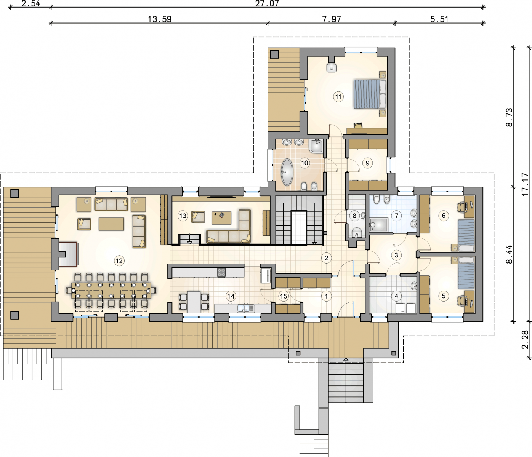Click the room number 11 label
click(x=338, y=97)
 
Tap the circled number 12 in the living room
click(x=119, y=261)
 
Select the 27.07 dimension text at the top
click(x=267, y=3)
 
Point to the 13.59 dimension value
click(x=160, y=19)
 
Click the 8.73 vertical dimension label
click(x=509, y=117)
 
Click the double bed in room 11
click(x=370, y=94)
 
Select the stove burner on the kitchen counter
click(x=221, y=273)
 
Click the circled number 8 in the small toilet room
click(x=354, y=216)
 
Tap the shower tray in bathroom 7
click(x=378, y=225)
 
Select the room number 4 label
click(x=396, y=296)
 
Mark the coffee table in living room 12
click(x=111, y=224)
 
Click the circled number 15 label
click(x=284, y=296)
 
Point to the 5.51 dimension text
click(x=439, y=19)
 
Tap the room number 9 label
click(x=367, y=163)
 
